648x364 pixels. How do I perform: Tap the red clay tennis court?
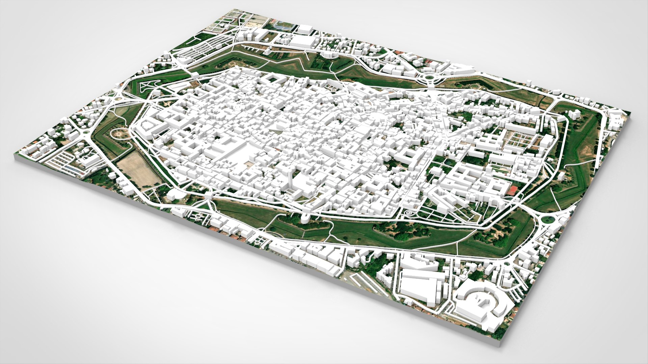513,190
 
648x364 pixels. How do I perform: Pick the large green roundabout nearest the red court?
548,219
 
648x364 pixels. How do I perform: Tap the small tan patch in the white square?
249,164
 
